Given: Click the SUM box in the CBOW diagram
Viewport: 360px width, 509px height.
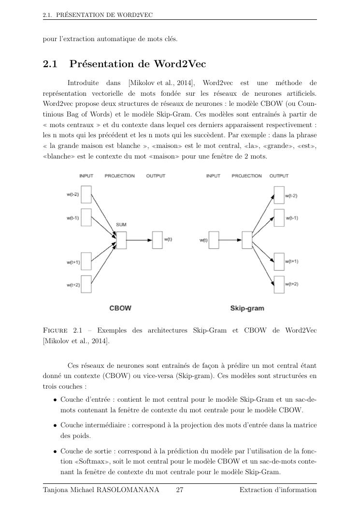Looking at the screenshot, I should [x=121, y=240].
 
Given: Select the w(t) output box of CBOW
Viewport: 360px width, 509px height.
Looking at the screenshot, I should [x=158, y=239].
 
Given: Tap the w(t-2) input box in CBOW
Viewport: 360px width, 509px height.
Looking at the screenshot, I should [x=86, y=195].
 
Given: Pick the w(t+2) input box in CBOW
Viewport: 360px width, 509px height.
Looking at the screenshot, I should [x=86, y=284].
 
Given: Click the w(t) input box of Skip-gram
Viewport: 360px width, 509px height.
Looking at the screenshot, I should [x=214, y=239].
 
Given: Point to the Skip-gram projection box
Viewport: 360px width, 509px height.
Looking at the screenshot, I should [x=247, y=239].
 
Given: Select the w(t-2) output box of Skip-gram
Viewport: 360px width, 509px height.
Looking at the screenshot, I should [x=279, y=196].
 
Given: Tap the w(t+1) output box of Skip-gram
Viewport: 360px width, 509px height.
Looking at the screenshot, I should [x=279, y=262].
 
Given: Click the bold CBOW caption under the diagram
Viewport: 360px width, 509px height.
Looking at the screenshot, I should [x=120, y=307].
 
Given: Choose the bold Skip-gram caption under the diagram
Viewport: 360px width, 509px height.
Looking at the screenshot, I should [x=247, y=308].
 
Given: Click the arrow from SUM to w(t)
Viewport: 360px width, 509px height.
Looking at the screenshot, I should [x=139, y=239].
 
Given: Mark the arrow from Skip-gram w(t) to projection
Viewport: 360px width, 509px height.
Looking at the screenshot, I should [x=230, y=239].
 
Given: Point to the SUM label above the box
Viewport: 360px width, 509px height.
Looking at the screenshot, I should [x=121, y=225].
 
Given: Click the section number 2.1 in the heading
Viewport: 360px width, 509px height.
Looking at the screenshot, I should [x=50, y=64].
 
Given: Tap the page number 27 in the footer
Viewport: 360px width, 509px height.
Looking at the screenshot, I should [x=179, y=490].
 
